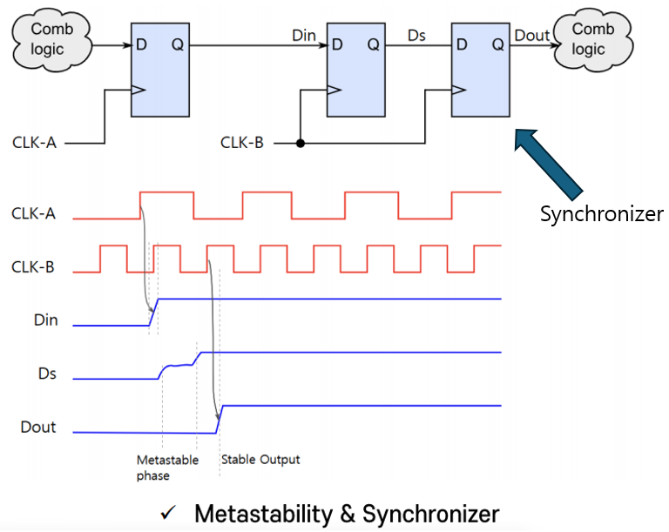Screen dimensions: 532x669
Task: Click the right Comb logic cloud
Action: click(594, 39)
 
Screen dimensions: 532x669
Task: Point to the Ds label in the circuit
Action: click(416, 35)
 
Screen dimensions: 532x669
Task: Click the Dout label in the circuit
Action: click(532, 35)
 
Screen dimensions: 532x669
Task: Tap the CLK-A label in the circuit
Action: click(35, 142)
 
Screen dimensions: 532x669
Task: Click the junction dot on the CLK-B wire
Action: click(301, 143)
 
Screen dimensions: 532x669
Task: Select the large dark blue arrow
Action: click(549, 165)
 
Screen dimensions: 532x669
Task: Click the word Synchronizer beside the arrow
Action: click(601, 214)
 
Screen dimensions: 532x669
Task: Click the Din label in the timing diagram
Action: click(46, 320)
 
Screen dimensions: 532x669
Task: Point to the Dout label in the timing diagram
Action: click(38, 428)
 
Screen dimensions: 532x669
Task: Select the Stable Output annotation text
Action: click(260, 460)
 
